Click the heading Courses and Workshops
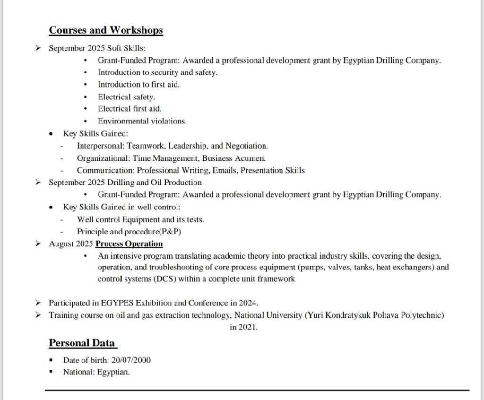point(106,30)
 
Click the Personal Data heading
point(82,343)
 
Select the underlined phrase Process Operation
point(129,244)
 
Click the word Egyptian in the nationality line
point(113,372)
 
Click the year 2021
point(247,327)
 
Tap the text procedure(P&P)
point(153,232)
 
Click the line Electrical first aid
point(130,109)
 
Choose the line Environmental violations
point(142,121)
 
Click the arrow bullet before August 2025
point(39,244)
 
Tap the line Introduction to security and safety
point(157,72)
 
